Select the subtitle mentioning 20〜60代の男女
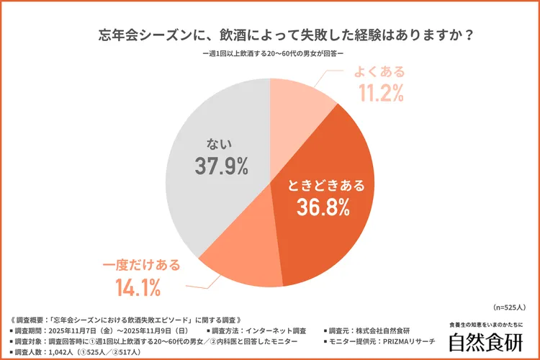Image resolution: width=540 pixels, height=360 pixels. [270, 55]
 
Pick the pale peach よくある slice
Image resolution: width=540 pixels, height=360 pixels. [299, 101]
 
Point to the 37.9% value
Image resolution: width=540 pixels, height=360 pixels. [221, 166]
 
